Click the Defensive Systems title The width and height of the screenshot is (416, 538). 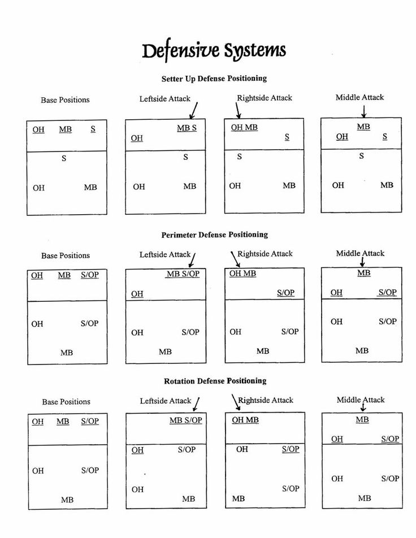[214, 51]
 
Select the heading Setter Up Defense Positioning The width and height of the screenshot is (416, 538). [214, 79]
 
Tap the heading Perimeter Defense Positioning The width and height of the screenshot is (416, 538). [214, 235]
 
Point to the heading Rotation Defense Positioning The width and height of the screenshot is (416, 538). [215, 381]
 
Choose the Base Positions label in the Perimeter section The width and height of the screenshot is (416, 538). [65, 255]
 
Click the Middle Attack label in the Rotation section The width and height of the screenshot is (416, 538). [361, 400]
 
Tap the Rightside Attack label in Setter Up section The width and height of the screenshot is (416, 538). [265, 98]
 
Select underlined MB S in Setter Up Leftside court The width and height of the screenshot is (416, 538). [187, 128]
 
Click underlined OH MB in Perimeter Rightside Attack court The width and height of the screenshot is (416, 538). [242, 274]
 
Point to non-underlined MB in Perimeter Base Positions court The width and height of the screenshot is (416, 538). [67, 353]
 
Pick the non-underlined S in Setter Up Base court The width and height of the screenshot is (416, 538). [64, 159]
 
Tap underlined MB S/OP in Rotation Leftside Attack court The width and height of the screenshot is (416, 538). [185, 420]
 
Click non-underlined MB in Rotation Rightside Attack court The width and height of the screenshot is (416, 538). [239, 498]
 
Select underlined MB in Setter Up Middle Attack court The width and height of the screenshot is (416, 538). [363, 127]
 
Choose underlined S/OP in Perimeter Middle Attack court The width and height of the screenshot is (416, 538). [387, 292]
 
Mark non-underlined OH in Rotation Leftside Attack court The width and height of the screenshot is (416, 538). [137, 489]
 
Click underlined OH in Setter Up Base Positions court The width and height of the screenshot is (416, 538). [38, 129]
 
